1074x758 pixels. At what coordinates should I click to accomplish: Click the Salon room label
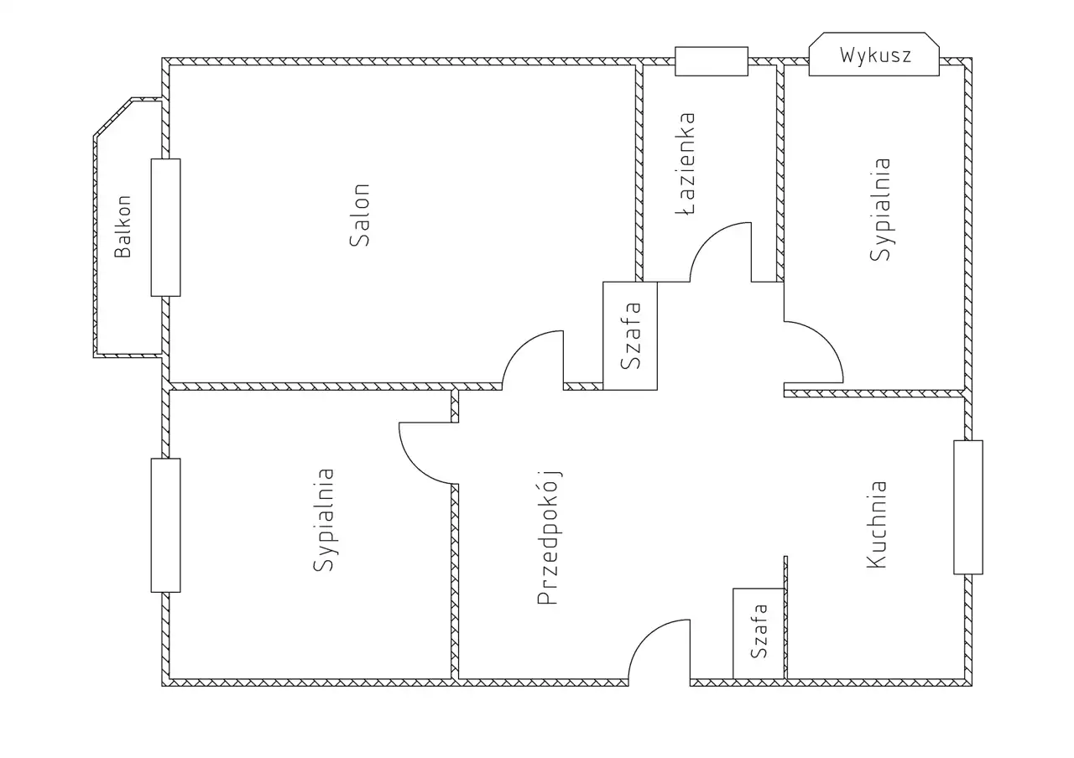point(360,215)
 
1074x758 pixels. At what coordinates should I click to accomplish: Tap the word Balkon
point(123,226)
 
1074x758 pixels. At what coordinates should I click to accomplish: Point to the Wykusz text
point(875,56)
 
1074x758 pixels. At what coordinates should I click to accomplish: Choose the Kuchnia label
point(877,524)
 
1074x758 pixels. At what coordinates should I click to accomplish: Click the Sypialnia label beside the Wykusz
point(880,210)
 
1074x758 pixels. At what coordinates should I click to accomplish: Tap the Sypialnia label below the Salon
point(325,520)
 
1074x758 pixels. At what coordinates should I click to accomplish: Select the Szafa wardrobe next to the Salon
point(630,336)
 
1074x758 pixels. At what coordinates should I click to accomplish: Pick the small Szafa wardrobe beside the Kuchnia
point(759,634)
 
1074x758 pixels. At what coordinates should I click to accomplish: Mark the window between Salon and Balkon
point(165,227)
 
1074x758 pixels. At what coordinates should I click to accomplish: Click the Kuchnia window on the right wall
point(967,507)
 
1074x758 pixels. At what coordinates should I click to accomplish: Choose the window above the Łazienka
point(712,61)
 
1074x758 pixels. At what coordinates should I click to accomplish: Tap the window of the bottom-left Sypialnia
point(165,525)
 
